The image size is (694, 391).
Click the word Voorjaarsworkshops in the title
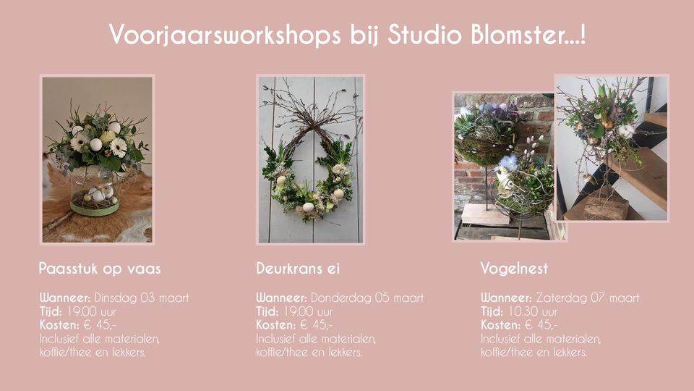pyautogui.click(x=225, y=35)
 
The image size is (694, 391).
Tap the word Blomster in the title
pyautogui.click(x=520, y=34)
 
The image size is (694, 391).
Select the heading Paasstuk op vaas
pyautogui.click(x=100, y=269)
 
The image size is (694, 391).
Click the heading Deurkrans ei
pyautogui.click(x=298, y=268)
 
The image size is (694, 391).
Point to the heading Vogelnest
pyautogui.click(x=514, y=269)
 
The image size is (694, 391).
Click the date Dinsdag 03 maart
pyautogui.click(x=142, y=298)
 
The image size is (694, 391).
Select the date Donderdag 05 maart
pyautogui.click(x=367, y=298)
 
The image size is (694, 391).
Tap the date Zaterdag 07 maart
pyautogui.click(x=588, y=298)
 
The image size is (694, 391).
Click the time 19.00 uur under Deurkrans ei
pyautogui.click(x=308, y=311)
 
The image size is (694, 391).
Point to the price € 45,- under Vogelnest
pyautogui.click(x=541, y=325)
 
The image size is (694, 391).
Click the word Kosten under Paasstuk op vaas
pyautogui.click(x=59, y=325)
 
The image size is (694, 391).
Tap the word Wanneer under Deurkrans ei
pyautogui.click(x=281, y=298)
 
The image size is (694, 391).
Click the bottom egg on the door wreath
pyautogui.click(x=308, y=207)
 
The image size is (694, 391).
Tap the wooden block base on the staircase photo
pyautogui.click(x=598, y=209)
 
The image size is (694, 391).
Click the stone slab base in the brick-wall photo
pyautogui.click(x=486, y=214)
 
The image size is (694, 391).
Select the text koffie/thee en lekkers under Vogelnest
pyautogui.click(x=534, y=353)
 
